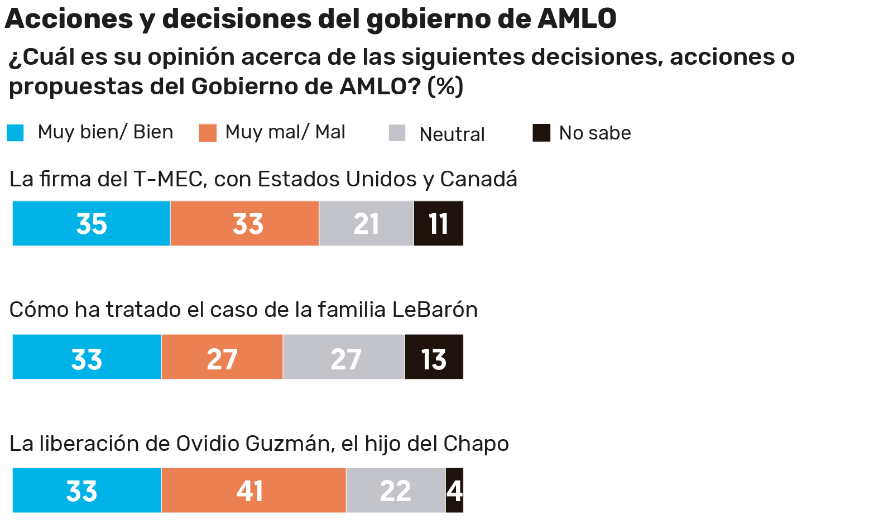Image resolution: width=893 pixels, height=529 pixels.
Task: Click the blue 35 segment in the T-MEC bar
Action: point(92,223)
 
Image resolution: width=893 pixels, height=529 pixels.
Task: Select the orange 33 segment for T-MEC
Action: point(244,223)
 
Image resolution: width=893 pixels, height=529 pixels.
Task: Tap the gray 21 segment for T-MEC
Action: point(366,223)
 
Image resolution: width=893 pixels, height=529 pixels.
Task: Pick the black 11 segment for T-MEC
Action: point(439,223)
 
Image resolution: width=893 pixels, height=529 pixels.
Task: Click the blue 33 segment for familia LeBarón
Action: point(87,357)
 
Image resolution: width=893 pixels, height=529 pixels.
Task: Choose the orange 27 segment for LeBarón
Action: point(222,357)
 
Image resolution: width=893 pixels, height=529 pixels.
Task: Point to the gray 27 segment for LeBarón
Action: point(344,357)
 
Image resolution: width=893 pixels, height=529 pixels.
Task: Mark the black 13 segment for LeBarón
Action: point(434,357)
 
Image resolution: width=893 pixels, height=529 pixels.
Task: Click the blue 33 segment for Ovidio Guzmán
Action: point(87,490)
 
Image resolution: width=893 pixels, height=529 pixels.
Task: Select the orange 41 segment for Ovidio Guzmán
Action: point(253,490)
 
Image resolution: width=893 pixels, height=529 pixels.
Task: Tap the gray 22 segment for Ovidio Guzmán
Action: point(396,490)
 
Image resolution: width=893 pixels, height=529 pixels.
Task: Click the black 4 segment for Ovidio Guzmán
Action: point(454,490)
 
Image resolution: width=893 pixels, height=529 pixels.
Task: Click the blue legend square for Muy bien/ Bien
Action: point(15,133)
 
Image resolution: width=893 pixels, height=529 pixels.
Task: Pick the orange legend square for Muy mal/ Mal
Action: point(208,133)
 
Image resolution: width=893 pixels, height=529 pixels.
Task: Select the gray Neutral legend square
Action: point(397,133)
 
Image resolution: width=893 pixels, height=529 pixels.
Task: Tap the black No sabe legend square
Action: point(541,133)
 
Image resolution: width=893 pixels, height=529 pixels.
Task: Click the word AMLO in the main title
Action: point(577,18)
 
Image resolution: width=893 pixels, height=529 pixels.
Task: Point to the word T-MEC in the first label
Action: point(167,179)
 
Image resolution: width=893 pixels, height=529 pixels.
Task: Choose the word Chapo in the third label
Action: point(476,444)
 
